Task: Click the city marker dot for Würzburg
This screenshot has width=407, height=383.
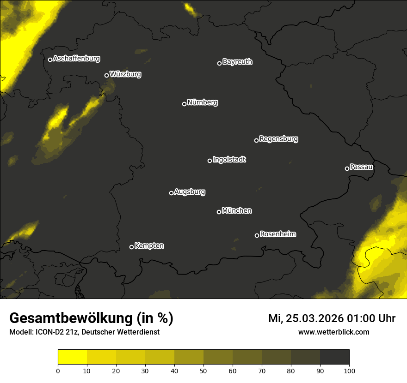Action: tap(106, 75)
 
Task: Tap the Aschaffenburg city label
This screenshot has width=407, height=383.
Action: tap(76, 59)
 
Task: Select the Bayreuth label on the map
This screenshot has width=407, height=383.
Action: tap(237, 62)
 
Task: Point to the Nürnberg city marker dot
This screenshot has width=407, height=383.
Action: tap(184, 104)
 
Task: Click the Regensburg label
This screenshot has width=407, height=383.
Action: tap(278, 138)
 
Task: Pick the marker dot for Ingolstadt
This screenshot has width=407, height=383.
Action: tap(210, 161)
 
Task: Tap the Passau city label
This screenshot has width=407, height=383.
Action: tap(361, 167)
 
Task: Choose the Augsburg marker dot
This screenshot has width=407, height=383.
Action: tap(171, 193)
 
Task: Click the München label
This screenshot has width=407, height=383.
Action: tap(237, 211)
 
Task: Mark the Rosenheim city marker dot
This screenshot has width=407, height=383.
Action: tap(257, 235)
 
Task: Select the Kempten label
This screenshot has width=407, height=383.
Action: tap(149, 245)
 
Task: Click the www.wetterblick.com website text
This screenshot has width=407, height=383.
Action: tap(333, 332)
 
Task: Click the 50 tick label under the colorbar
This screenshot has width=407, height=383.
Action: tap(203, 370)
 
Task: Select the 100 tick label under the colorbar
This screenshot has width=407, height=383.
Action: tap(349, 370)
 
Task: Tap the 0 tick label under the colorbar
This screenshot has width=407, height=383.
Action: tap(58, 370)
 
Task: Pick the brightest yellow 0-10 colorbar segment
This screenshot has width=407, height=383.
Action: tap(73, 357)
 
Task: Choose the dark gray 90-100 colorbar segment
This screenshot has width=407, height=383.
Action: tap(334, 357)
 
